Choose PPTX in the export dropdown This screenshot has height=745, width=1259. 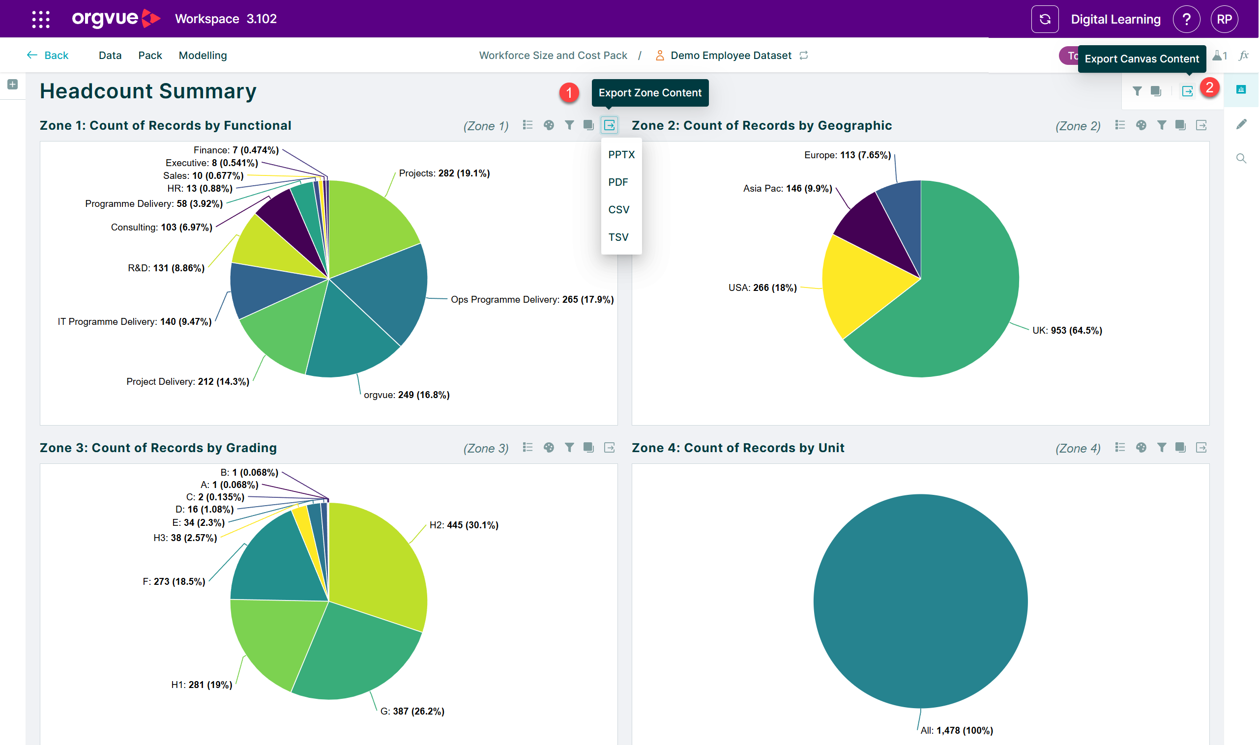(x=621, y=155)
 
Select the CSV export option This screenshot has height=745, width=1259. (x=619, y=210)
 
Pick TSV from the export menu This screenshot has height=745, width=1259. (x=618, y=237)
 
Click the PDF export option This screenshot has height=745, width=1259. (x=617, y=182)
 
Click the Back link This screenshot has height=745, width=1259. (x=47, y=55)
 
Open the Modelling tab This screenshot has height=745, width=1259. (x=203, y=55)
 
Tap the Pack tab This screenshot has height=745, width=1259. (x=150, y=55)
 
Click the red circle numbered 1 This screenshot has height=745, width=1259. (x=569, y=92)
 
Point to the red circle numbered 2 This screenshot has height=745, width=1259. (x=1209, y=88)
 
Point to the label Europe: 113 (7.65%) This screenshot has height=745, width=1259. (x=848, y=155)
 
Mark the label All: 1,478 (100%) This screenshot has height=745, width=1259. (x=957, y=730)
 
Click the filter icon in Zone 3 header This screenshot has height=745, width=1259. (x=569, y=447)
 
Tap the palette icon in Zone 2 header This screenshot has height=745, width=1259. (x=1141, y=125)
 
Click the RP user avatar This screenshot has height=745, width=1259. (x=1225, y=19)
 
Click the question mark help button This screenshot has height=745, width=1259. (x=1187, y=19)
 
